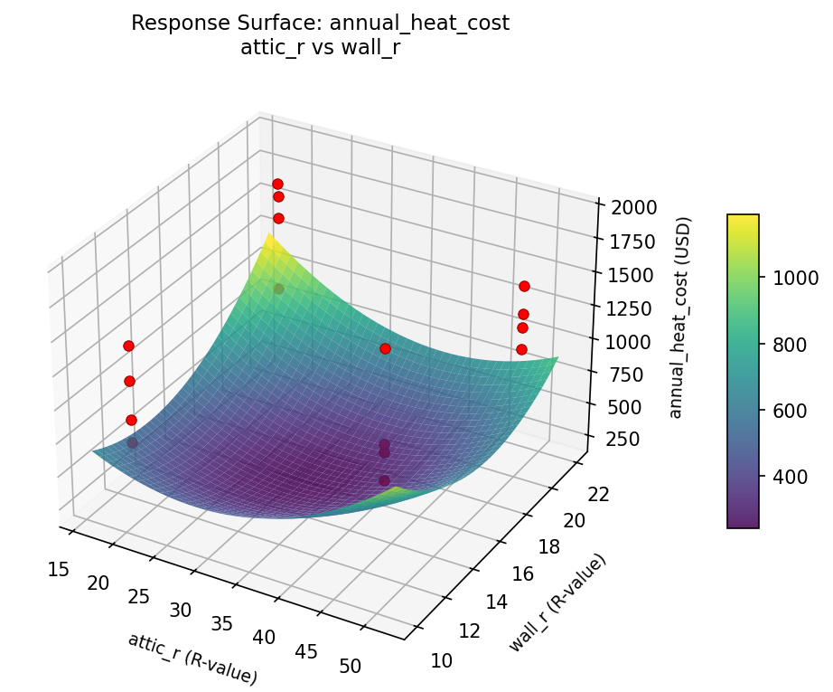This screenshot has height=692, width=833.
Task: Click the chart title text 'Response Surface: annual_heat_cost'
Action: [320, 24]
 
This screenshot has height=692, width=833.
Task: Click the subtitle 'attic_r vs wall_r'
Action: [320, 48]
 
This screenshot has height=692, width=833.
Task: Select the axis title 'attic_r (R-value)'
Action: [192, 658]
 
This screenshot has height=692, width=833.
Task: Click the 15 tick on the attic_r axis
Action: [59, 569]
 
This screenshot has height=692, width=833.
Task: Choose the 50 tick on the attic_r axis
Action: [350, 667]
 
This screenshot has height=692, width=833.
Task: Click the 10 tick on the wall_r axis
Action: [442, 660]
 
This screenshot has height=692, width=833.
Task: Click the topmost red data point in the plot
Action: [277, 184]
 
